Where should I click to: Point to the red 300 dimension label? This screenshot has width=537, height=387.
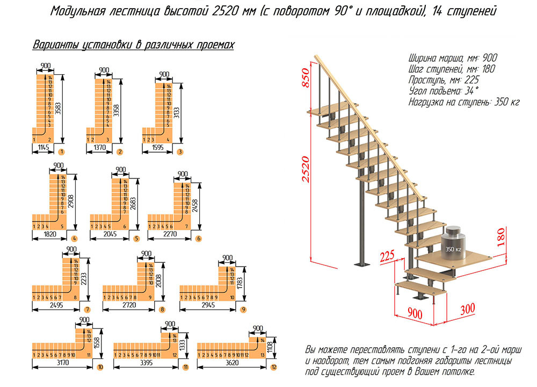click(x=468, y=309)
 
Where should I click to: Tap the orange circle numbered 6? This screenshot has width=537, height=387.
click(x=199, y=238)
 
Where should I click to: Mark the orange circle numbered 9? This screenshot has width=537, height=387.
click(x=243, y=309)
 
